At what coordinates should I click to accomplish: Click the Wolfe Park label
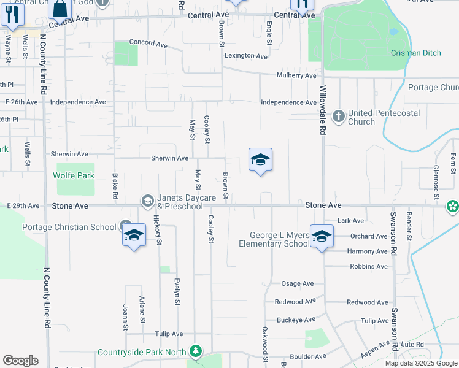coord(74,176)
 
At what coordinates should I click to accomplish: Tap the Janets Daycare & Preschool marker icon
coord(147,201)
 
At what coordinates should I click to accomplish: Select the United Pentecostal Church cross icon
coord(338,115)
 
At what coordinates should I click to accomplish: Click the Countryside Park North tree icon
coord(195,351)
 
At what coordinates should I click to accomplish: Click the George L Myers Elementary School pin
coord(321,236)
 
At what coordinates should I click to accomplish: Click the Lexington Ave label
coord(246,56)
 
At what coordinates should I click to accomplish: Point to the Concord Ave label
coord(148,44)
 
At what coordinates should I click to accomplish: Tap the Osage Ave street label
coord(297,284)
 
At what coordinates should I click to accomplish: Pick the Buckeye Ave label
coord(296,320)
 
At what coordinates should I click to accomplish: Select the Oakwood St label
coord(266,347)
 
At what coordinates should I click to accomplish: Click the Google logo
coord(20,361)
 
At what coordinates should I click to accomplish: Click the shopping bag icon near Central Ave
coord(60,9)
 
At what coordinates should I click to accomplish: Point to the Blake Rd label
coord(115,185)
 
